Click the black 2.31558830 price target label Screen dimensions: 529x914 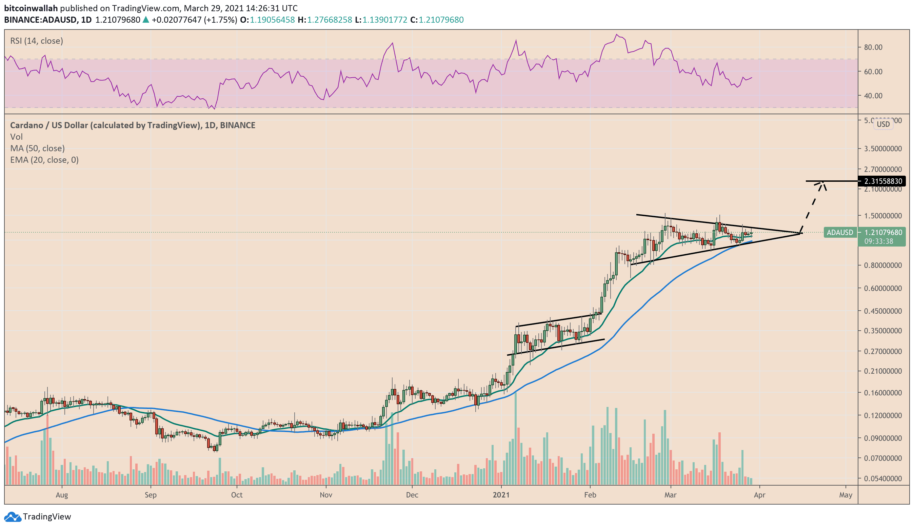click(882, 181)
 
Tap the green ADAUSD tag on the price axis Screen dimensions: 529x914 click(839, 233)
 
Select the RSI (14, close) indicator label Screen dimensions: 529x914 click(36, 41)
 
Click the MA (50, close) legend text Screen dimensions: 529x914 click(37, 149)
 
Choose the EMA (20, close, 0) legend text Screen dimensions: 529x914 click(44, 160)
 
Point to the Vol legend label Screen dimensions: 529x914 click(16, 137)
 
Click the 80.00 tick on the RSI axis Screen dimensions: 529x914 click(873, 47)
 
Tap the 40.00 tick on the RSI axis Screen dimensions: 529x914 click(873, 96)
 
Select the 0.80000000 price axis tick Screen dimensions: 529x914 click(883, 266)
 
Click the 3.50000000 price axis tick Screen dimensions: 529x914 click(883, 149)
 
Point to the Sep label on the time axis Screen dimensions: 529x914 click(151, 495)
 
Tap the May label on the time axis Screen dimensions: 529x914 click(846, 495)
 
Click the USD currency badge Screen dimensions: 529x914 click(883, 124)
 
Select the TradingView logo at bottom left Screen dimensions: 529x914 click(38, 517)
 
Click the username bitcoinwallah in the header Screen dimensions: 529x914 click(31, 8)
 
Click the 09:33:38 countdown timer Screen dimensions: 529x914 click(878, 241)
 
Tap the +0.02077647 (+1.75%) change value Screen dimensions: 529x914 click(194, 20)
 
